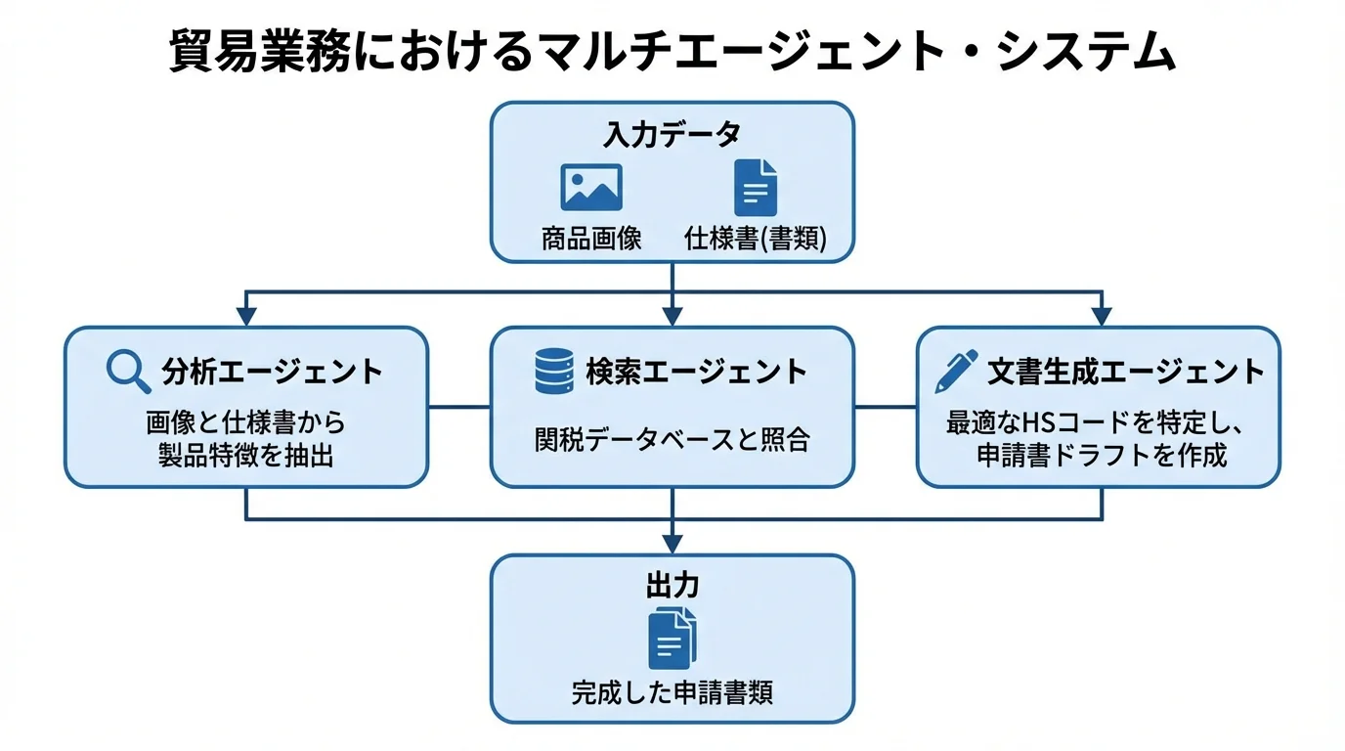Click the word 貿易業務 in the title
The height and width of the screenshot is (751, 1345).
pos(257,52)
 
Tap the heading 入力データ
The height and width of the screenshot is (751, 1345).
pos(672,134)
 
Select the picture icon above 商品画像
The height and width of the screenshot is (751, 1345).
pos(591,187)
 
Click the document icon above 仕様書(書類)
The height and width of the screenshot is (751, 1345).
pos(755,187)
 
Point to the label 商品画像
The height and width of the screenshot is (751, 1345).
pos(591,239)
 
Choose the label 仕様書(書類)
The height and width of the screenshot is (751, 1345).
pos(755,239)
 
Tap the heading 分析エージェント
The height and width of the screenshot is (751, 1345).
pos(272,372)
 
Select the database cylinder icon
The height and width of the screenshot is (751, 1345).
pos(554,372)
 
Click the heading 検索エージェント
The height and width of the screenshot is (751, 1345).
pos(697,372)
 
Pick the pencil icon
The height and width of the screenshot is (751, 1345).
pos(955,372)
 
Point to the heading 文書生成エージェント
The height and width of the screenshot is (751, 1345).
pos(1125,372)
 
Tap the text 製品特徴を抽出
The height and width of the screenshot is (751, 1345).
pos(246,455)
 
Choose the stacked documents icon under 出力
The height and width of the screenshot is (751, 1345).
pos(672,638)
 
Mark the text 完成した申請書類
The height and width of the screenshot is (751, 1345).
pos(672,692)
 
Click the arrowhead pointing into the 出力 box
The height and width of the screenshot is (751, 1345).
pos(672,544)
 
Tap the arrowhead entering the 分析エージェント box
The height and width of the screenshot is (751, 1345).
pos(246,316)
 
